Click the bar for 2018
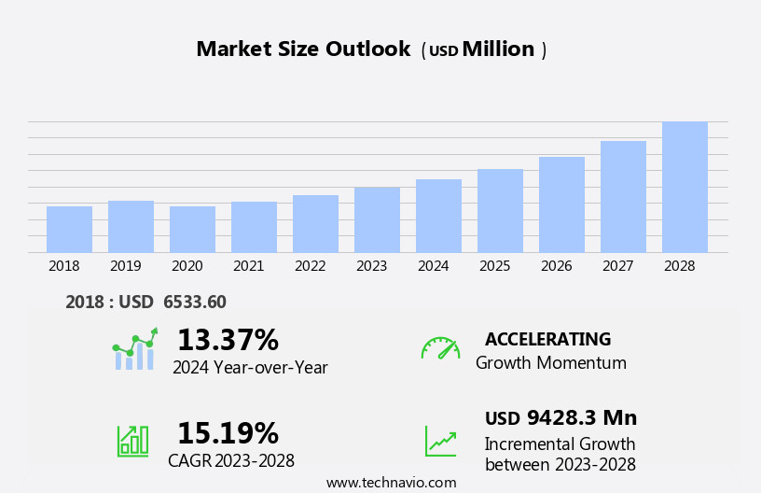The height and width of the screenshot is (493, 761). (x=69, y=230)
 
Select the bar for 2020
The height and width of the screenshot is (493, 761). (x=192, y=230)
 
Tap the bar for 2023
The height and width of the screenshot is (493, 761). (x=377, y=220)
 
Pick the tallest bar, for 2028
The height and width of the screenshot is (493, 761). (x=685, y=187)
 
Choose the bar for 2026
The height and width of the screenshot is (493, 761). (x=561, y=204)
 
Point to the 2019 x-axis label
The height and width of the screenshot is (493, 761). (x=126, y=266)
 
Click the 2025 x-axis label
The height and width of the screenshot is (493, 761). (x=495, y=266)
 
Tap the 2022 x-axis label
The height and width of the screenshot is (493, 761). (x=311, y=266)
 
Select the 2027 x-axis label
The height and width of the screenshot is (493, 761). (x=618, y=266)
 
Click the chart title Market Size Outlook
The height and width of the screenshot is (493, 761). (x=303, y=49)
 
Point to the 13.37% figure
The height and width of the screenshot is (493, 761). (x=228, y=340)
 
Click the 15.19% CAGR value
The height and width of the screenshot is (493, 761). (x=228, y=433)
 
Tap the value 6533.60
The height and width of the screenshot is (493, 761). (x=194, y=303)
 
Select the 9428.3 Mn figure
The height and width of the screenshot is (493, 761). (x=581, y=417)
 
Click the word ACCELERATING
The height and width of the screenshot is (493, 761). (x=547, y=339)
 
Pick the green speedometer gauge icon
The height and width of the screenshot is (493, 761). (x=440, y=348)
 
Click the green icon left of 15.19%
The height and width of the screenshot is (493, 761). (x=132, y=440)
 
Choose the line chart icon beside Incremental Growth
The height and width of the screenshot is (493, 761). (x=440, y=441)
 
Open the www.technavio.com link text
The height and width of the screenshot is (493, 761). (x=391, y=483)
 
